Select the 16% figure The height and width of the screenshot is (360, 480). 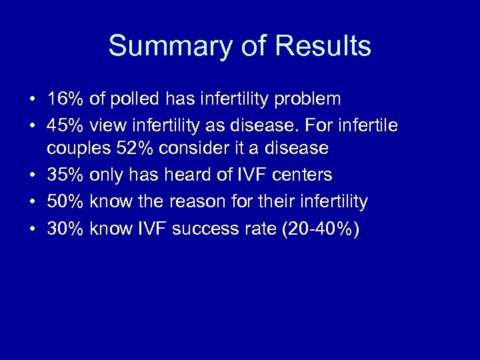pyautogui.click(x=65, y=99)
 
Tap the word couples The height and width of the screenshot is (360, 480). pyautogui.click(x=75, y=149)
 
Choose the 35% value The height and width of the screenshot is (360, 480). pyautogui.click(x=65, y=175)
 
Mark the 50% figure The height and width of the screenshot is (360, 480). pyautogui.click(x=65, y=201)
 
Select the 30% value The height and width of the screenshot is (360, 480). pyautogui.click(x=65, y=229)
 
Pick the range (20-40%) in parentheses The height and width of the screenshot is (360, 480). pyautogui.click(x=321, y=229)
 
